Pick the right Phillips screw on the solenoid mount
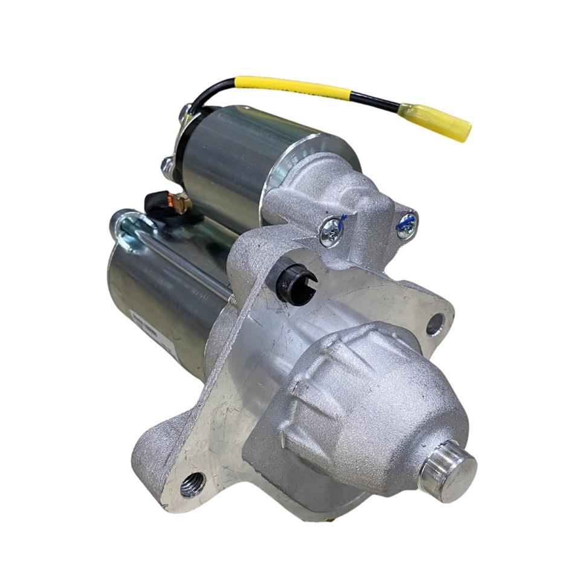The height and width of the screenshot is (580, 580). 406,225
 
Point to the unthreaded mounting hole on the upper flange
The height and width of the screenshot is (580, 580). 434,325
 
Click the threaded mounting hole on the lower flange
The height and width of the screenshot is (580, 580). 193,484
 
